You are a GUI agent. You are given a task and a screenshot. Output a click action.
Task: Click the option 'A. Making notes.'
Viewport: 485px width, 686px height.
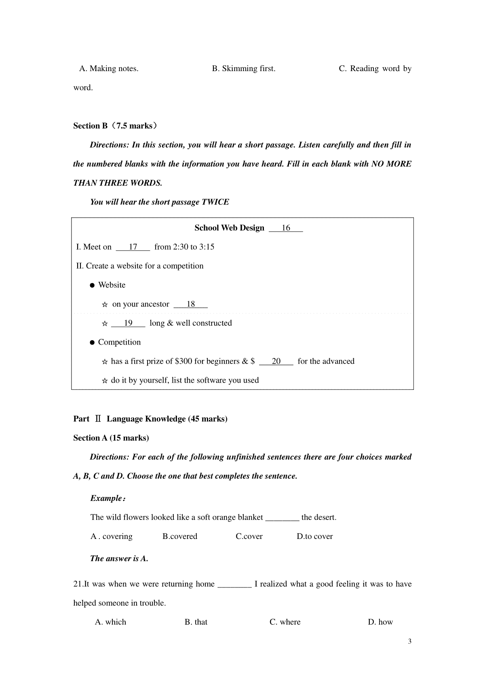[x=109, y=69]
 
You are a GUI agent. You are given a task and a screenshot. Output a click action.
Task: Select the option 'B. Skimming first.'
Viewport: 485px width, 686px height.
[x=244, y=69]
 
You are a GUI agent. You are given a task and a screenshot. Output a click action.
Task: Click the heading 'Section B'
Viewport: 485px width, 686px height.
[x=90, y=126]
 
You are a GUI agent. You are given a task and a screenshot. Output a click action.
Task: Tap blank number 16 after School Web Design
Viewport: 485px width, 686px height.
[x=286, y=228]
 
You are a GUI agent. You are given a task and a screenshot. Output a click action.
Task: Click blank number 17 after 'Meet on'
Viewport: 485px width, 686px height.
[x=133, y=247]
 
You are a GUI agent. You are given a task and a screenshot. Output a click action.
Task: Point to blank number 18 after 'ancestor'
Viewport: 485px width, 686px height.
[x=191, y=304]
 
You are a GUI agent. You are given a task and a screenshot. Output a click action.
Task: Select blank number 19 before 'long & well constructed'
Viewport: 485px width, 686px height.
[x=128, y=323]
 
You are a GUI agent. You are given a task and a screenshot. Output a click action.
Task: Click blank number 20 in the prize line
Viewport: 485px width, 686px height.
[x=276, y=362]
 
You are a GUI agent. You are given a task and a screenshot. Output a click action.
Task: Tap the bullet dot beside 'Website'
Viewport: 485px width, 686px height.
[x=92, y=285]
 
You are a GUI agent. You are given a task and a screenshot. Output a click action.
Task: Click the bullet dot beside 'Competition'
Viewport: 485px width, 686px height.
[x=92, y=343]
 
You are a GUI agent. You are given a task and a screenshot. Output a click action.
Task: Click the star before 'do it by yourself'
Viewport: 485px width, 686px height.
[x=105, y=381]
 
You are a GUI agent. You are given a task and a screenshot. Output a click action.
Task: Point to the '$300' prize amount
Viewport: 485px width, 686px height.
[x=183, y=362]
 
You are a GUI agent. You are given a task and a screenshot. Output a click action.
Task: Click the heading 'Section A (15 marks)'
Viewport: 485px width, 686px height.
[x=111, y=438]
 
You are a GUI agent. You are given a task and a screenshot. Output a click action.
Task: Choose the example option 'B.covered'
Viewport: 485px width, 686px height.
[x=180, y=537]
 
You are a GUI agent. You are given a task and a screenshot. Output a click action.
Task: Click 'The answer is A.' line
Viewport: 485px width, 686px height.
[x=119, y=559]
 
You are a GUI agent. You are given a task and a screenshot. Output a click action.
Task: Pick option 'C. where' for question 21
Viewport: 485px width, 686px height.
[x=285, y=622]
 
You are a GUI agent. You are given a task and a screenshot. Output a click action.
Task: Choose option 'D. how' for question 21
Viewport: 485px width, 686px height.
[x=380, y=622]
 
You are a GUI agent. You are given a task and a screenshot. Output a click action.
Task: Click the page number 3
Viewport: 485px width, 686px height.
[x=410, y=642]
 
